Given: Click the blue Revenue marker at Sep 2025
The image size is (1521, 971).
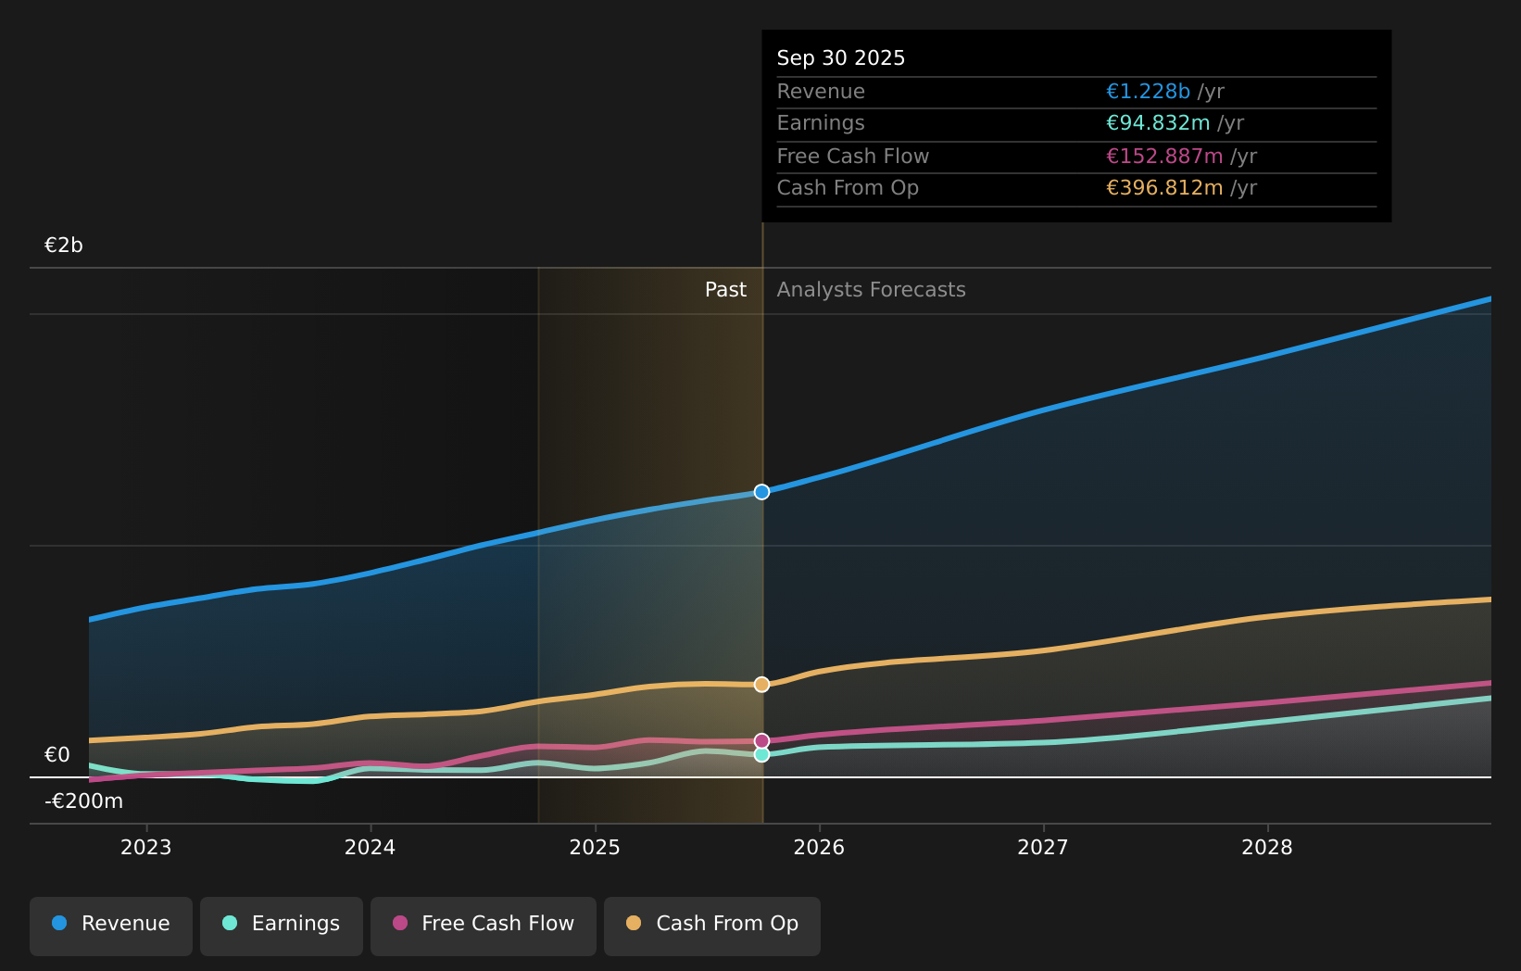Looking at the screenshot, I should coord(761,492).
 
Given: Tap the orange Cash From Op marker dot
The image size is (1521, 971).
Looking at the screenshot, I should coord(761,685).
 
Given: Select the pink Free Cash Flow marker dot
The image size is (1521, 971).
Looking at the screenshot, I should coord(761,741).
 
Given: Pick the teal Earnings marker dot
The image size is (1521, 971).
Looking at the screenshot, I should coord(761,755).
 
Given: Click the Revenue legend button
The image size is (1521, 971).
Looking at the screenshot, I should coord(111,924).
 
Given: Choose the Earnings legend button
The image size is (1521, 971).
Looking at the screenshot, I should coord(282,924).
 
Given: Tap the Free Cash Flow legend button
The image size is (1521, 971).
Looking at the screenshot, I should coord(484,924).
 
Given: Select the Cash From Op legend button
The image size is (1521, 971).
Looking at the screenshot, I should coord(712,924).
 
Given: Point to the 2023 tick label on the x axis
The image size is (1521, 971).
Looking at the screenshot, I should coord(146,848).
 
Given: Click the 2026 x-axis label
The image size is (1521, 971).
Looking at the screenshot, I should coord(819,848).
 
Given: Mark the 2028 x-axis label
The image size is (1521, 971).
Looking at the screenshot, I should coord(1267,848).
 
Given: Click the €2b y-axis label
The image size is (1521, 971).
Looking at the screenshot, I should coord(64,246).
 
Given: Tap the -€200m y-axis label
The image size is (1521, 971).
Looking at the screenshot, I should coord(83,801).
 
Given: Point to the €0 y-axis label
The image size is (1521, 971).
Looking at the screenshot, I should coord(57,755).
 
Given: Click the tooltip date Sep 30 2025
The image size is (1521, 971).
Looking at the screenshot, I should coord(841,58).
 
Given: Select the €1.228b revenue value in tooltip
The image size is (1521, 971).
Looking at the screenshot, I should coord(1148,92).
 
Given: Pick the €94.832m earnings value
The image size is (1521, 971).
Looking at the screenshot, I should coord(1158,123).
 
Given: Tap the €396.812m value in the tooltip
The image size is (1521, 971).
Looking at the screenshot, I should coord(1164,188).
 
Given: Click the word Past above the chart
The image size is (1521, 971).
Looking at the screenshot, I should coord(725,290).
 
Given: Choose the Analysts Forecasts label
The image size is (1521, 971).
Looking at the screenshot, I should coord(871,290).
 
